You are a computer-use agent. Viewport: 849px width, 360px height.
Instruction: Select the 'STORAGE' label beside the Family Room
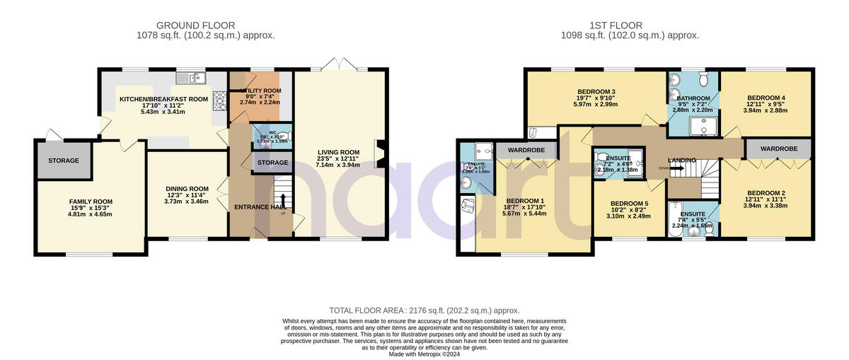64,161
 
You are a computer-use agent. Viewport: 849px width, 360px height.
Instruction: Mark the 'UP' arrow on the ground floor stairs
282,200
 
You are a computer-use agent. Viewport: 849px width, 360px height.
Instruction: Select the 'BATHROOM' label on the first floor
693,98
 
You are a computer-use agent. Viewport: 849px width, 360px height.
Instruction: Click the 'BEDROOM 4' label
766,98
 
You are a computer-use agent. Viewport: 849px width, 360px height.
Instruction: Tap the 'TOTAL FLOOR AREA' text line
424,310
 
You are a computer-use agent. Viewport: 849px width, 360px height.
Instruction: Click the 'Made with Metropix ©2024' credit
424,354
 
